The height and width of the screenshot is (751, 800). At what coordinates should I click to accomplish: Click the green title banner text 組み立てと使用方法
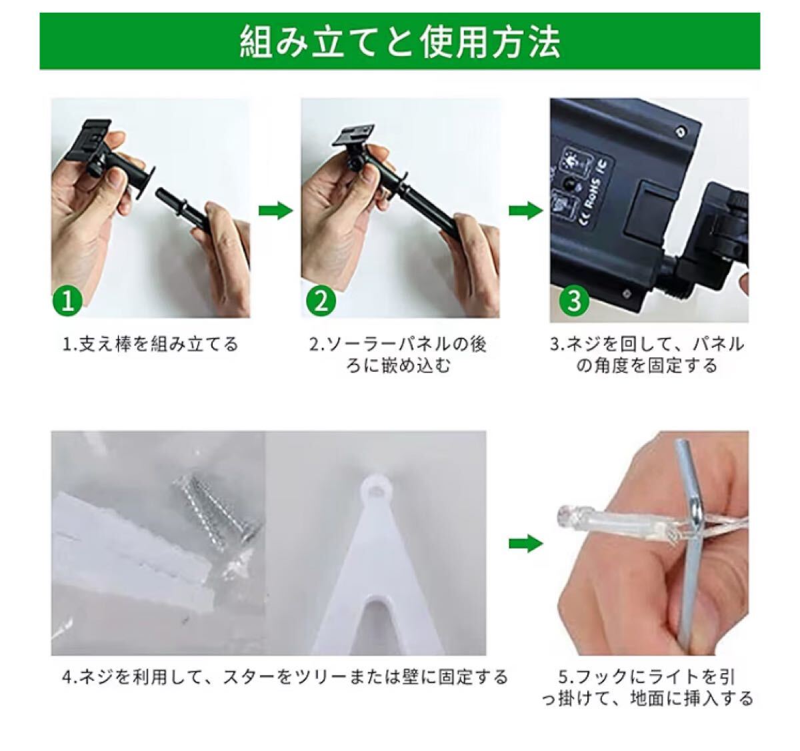tap(399, 42)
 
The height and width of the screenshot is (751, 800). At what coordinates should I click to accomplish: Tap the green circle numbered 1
tap(68, 301)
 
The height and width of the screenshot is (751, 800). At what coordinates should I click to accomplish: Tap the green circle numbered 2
tap(321, 301)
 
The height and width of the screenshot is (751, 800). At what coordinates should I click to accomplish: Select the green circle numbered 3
tap(574, 301)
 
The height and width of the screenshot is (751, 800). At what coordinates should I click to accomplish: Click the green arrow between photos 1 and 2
tap(276, 210)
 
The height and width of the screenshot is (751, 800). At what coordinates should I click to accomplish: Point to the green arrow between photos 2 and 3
tap(526, 210)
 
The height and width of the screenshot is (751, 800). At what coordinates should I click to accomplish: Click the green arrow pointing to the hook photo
tap(526, 543)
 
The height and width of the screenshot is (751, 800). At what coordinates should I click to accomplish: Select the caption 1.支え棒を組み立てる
tap(151, 345)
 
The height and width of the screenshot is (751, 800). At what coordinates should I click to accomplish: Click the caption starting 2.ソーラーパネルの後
tap(398, 355)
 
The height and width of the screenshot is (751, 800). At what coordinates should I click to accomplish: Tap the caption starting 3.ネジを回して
tap(647, 355)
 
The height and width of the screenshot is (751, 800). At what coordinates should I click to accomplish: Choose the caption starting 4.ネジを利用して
tap(285, 677)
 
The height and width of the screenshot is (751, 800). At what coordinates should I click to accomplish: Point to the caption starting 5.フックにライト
tap(648, 688)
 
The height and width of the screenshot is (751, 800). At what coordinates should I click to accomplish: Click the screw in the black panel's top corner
tap(681, 130)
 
